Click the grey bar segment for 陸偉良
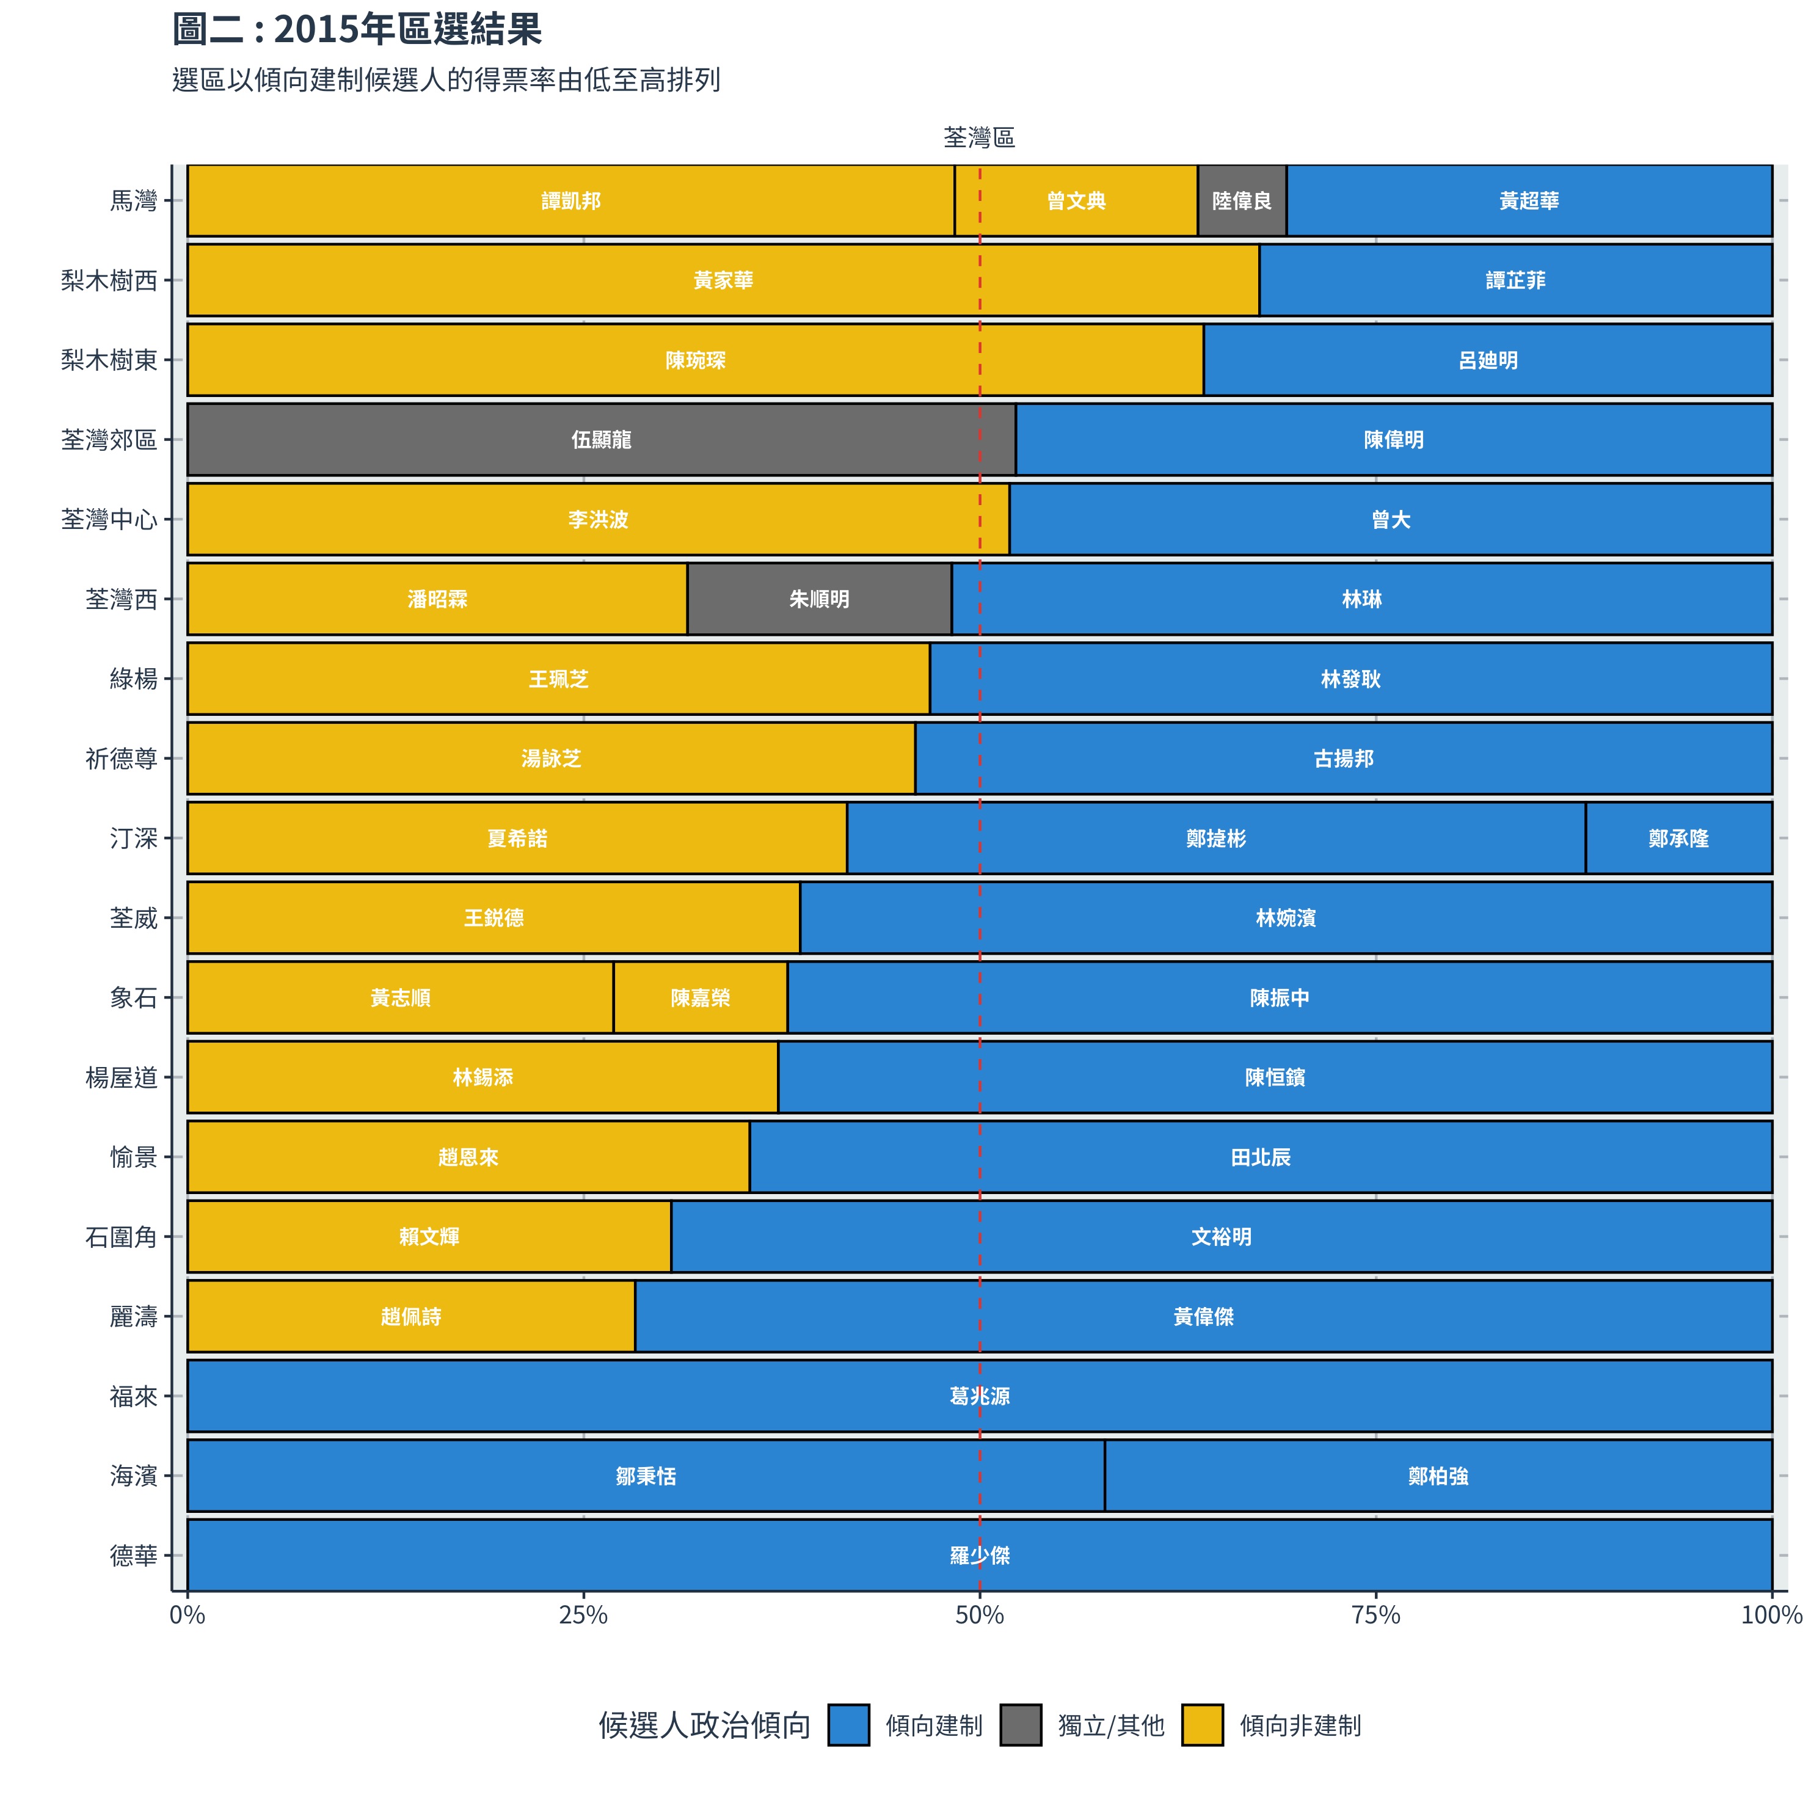coord(1241,201)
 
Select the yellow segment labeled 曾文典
coord(1076,201)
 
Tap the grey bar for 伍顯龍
coord(601,440)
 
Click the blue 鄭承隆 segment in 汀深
coord(1678,838)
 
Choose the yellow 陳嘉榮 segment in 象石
coord(700,997)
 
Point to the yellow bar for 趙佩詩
coord(410,1316)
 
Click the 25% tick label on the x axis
coord(583,1615)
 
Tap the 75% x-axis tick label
coord(1375,1615)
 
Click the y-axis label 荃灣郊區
coord(109,440)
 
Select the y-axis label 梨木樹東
coord(109,360)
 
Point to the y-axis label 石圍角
coord(122,1237)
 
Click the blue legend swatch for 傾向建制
coord(848,1725)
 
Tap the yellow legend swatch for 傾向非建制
coord(1202,1725)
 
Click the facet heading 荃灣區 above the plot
coord(979,138)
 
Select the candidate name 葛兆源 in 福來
coord(979,1396)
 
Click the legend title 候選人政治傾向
coord(705,1725)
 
